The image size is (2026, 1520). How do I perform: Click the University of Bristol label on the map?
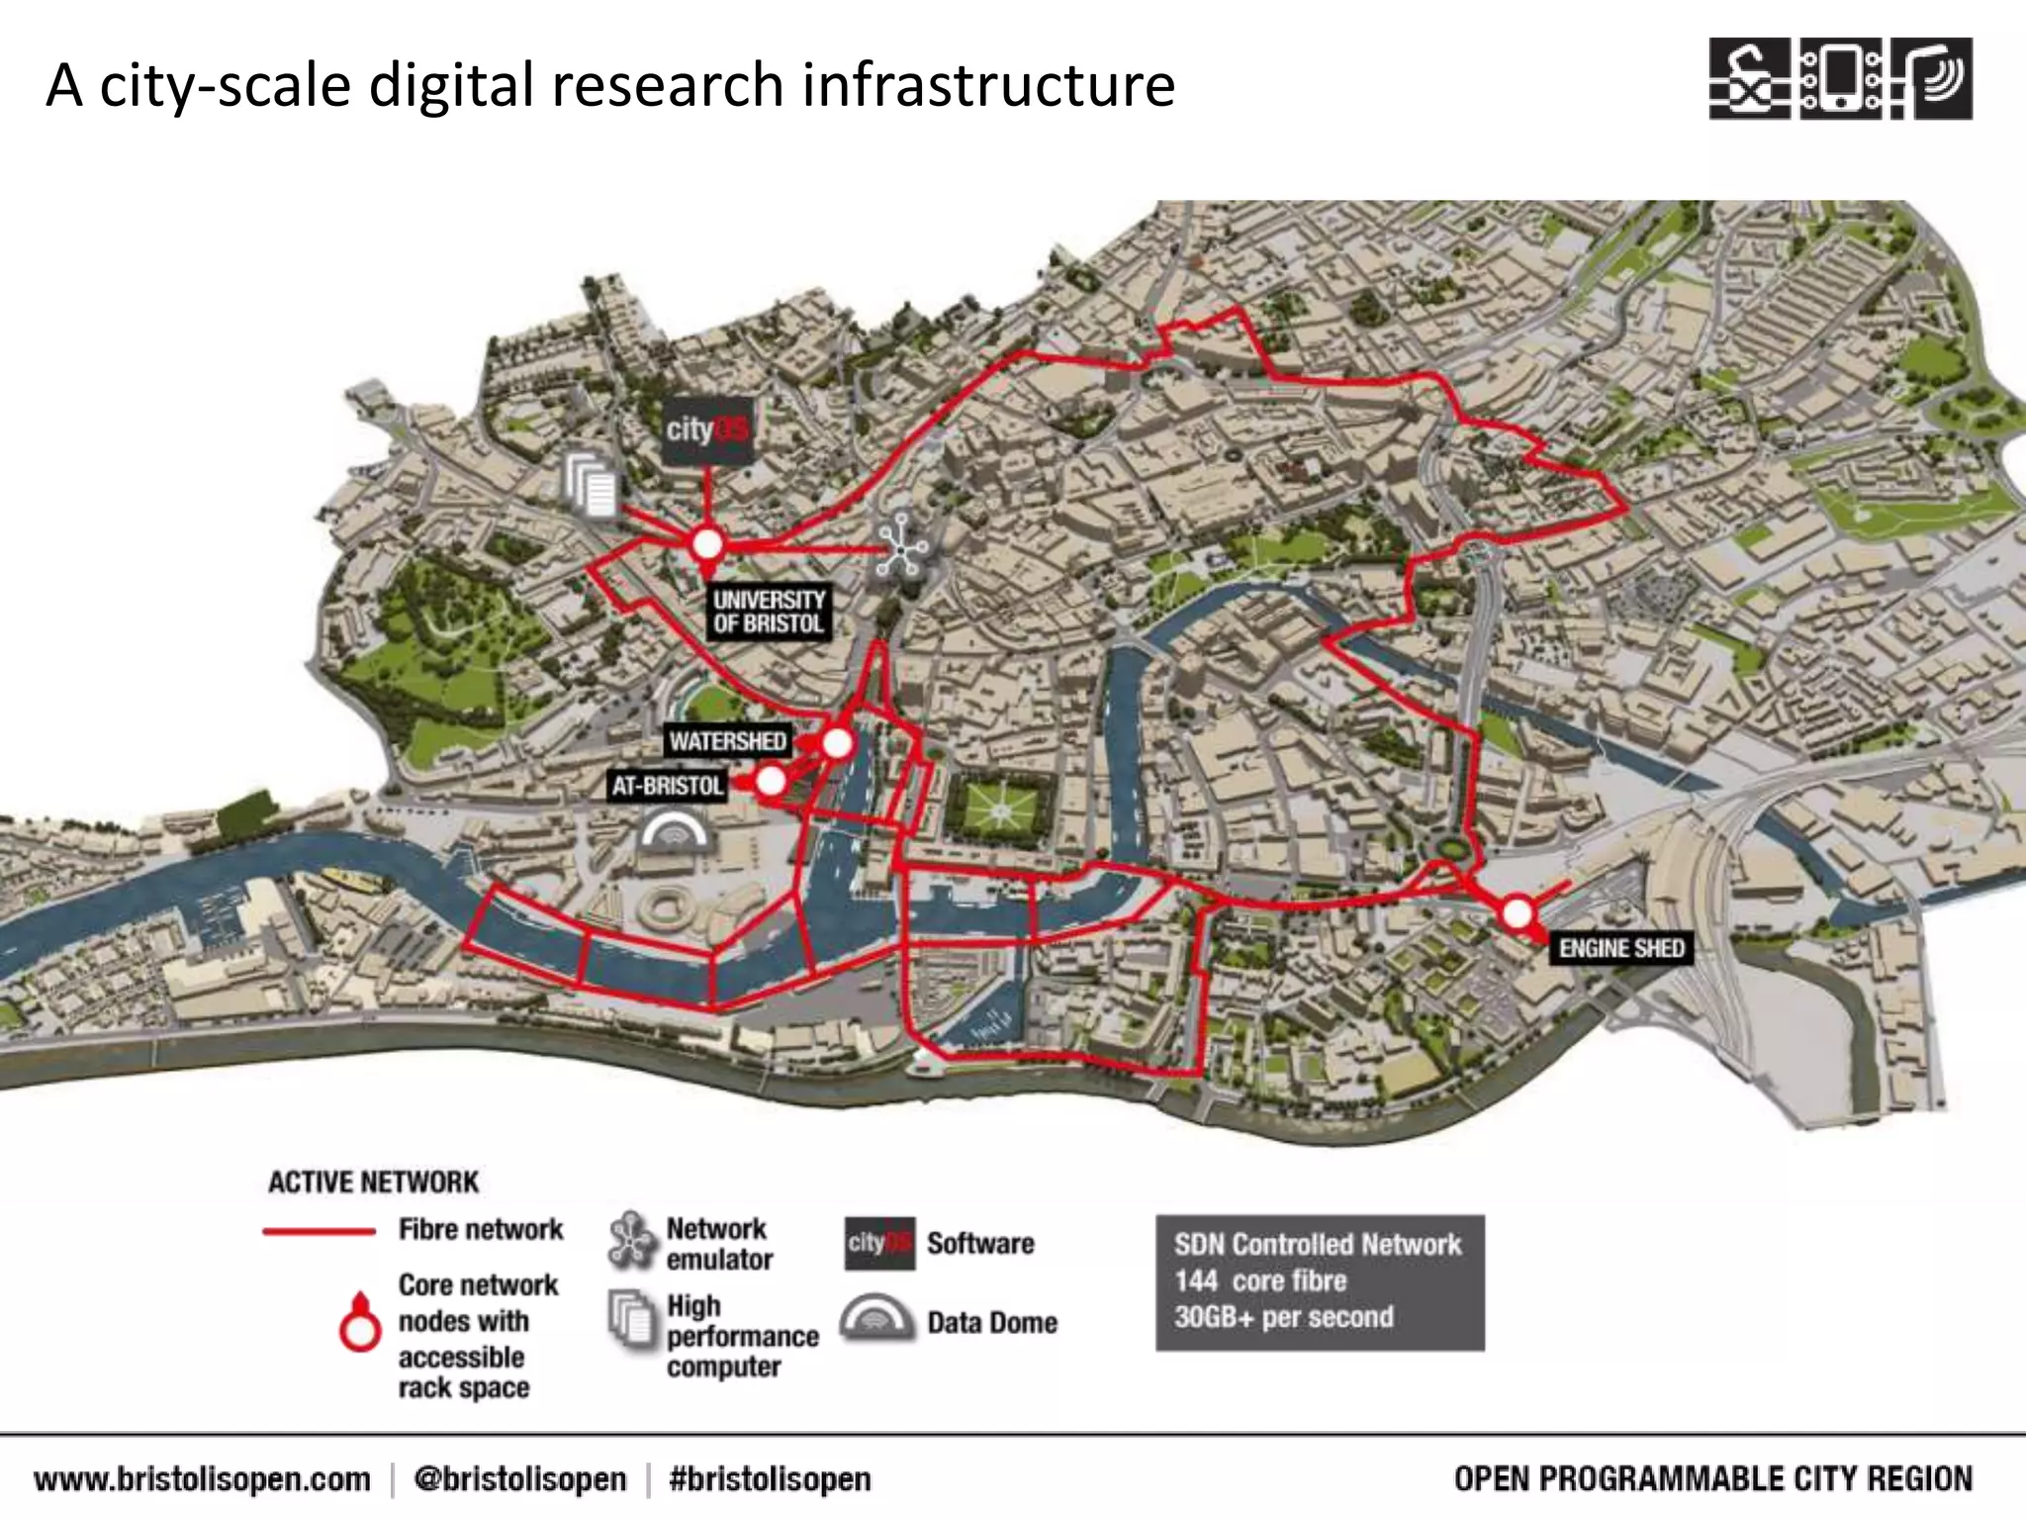769,612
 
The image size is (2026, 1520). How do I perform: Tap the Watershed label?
727,741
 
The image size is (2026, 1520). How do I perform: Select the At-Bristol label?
668,786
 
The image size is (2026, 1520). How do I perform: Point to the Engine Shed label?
1620,948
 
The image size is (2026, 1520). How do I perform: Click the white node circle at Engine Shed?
1516,912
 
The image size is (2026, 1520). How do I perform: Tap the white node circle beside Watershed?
837,743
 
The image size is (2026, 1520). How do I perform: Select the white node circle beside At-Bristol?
771,782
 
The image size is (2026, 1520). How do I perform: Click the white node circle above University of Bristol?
706,543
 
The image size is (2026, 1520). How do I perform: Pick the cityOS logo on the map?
706,430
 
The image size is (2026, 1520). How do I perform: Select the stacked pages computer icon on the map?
592,485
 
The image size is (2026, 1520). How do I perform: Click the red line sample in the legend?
319,1232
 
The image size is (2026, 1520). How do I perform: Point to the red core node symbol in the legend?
360,1323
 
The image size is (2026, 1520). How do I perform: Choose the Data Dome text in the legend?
991,1322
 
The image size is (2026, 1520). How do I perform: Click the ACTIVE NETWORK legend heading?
373,1182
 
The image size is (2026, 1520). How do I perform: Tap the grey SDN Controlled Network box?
1320,1282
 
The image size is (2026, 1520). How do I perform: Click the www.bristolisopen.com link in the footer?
202,1479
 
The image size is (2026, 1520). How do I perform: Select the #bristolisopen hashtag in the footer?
770,1479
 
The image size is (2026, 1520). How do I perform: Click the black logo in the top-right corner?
1840,79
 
